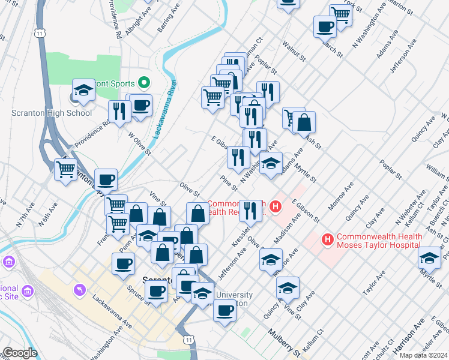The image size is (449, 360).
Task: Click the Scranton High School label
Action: (52, 113)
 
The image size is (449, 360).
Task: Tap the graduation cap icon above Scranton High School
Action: (84, 91)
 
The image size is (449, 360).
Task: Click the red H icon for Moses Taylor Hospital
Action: (328, 240)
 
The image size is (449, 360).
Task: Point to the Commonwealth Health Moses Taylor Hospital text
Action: (379, 241)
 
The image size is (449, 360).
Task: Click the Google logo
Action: (20, 353)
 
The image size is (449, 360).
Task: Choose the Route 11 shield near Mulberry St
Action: (189, 340)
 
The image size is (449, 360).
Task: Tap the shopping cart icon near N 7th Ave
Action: (65, 169)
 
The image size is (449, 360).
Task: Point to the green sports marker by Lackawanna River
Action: (144, 82)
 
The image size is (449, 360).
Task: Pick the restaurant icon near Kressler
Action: (250, 210)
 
